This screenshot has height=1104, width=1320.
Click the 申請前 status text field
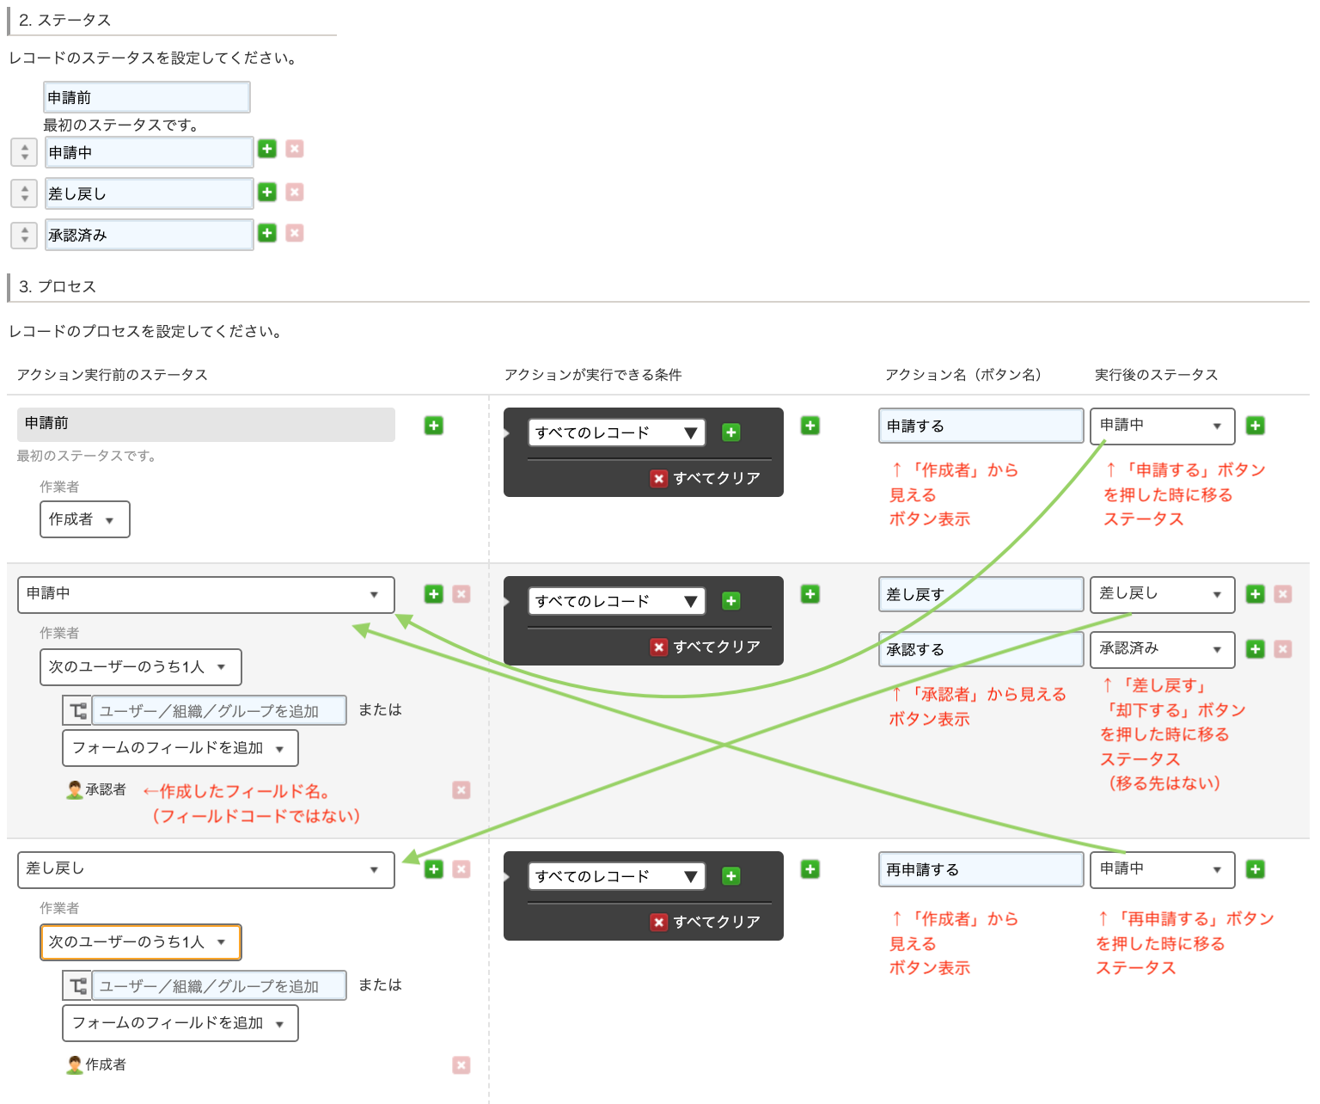pyautogui.click(x=146, y=97)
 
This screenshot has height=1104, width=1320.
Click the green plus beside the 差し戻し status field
pyautogui.click(x=267, y=192)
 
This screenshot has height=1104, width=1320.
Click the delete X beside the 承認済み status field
pyautogui.click(x=295, y=233)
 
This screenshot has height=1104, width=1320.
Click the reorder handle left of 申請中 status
pyautogui.click(x=24, y=152)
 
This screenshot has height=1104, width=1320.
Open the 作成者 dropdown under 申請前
pyautogui.click(x=84, y=519)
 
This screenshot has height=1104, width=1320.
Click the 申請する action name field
pyautogui.click(x=981, y=426)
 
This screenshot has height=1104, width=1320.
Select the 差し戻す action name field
pyautogui.click(x=981, y=594)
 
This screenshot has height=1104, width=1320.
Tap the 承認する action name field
pyautogui.click(x=981, y=649)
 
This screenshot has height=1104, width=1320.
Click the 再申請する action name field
pyautogui.click(x=981, y=869)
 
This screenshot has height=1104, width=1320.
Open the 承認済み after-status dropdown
pyautogui.click(x=1162, y=649)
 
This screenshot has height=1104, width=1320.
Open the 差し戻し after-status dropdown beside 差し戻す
pyautogui.click(x=1162, y=594)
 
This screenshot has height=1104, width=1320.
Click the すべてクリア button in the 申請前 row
pyautogui.click(x=706, y=478)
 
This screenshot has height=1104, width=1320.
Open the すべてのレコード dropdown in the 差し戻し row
pyautogui.click(x=616, y=876)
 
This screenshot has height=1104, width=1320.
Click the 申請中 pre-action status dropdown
pyautogui.click(x=205, y=594)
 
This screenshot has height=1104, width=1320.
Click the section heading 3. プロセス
pyautogui.click(x=58, y=286)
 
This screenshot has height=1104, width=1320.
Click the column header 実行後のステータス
pyautogui.click(x=1156, y=375)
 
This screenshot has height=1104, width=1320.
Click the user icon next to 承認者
pyautogui.click(x=75, y=789)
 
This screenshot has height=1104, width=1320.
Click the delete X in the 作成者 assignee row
pyautogui.click(x=461, y=1065)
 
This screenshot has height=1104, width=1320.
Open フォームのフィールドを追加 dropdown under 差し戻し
pyautogui.click(x=180, y=1023)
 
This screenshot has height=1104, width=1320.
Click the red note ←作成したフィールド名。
pyautogui.click(x=236, y=791)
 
